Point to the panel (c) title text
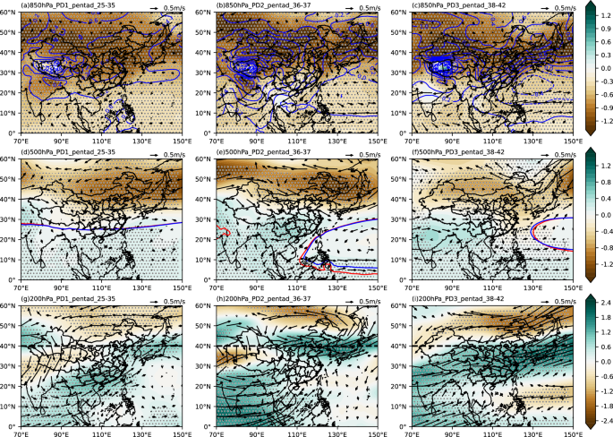(456, 4)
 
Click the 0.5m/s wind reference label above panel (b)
(366, 5)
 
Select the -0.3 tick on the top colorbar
(601, 79)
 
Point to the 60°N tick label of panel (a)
(8, 11)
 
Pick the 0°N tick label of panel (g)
(10, 424)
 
